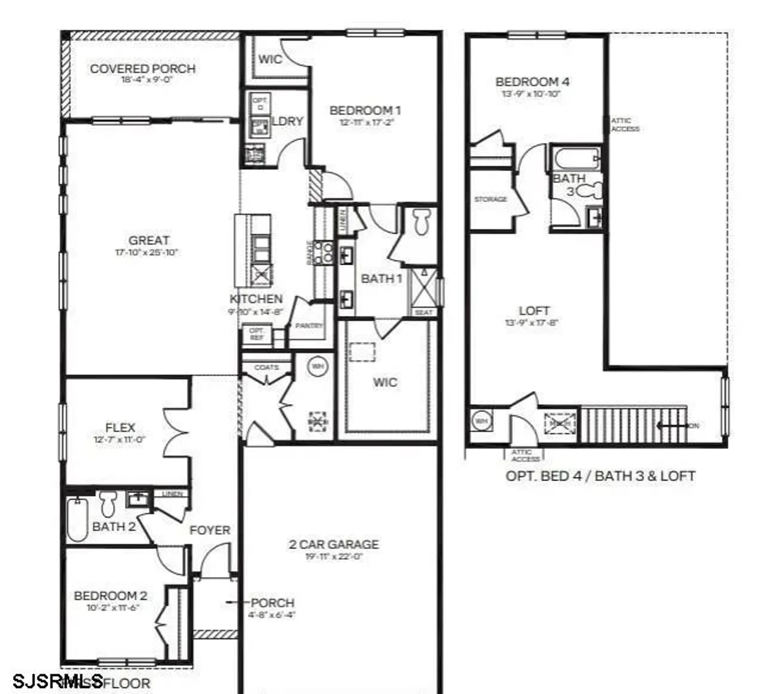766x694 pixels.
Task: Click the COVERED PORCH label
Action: click(x=142, y=69)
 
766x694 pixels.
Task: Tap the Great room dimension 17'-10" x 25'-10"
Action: click(x=147, y=253)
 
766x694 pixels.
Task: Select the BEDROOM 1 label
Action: click(x=365, y=111)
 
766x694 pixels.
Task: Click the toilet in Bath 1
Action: click(x=421, y=222)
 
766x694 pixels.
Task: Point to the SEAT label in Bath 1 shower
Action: click(x=423, y=313)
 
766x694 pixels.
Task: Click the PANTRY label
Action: click(x=309, y=326)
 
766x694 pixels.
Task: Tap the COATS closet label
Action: click(x=266, y=367)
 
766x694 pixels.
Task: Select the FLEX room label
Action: click(x=120, y=428)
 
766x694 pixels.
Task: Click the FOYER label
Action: click(x=210, y=530)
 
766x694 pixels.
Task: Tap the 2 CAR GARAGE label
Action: click(x=334, y=545)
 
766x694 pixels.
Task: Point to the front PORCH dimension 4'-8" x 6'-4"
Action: click(x=272, y=615)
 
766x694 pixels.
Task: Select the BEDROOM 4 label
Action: click(x=532, y=82)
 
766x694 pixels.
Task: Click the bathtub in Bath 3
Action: click(x=576, y=159)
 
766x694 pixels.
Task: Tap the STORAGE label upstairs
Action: click(x=490, y=199)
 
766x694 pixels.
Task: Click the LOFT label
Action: click(x=534, y=311)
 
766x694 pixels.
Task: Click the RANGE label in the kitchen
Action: click(x=309, y=253)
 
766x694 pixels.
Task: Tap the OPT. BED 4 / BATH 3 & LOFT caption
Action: click(x=600, y=476)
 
